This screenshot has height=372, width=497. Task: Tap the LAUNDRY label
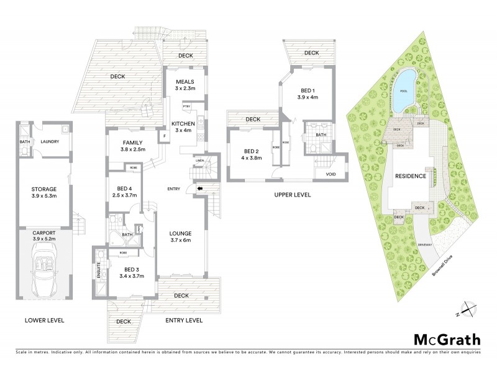pos(50,141)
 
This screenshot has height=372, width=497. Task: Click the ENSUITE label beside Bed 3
pos(98,271)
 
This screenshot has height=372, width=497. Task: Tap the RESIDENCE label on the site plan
pos(412,176)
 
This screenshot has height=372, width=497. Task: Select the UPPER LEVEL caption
pos(292,195)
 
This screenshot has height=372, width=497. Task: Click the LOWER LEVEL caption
pos(44,321)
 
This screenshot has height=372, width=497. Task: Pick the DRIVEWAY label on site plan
pos(425,245)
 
